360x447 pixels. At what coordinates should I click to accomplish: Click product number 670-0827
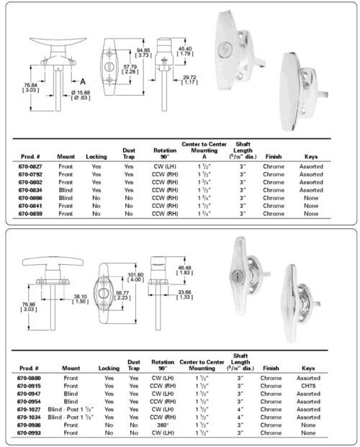pyautogui.click(x=30, y=166)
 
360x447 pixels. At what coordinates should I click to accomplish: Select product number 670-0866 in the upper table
pyautogui.click(x=30, y=197)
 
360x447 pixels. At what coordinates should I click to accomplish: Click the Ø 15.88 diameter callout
pyautogui.click(x=82, y=91)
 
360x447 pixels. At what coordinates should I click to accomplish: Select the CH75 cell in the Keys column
pyautogui.click(x=308, y=385)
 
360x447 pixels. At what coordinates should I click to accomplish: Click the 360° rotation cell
pyautogui.click(x=162, y=425)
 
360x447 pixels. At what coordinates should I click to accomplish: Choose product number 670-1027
pyautogui.click(x=30, y=409)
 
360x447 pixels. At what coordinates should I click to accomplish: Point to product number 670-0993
pyautogui.click(x=30, y=433)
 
